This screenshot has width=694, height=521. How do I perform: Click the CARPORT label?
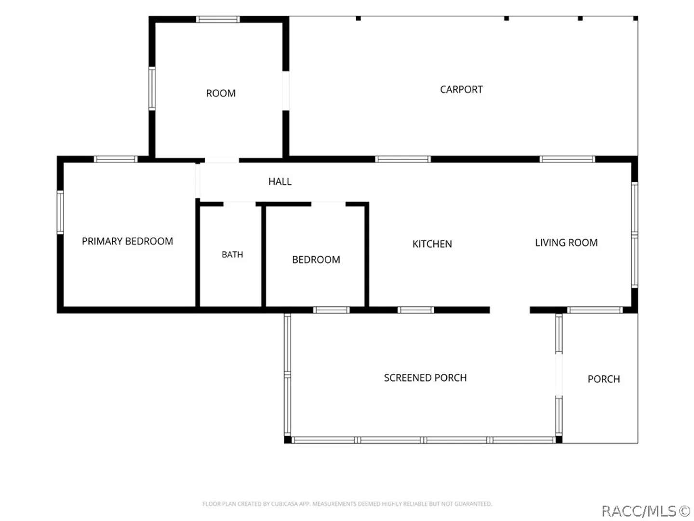click(x=461, y=90)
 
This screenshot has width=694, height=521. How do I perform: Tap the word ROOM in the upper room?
click(x=221, y=93)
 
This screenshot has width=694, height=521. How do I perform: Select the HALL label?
click(x=280, y=181)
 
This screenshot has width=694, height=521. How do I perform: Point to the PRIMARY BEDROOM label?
click(x=127, y=241)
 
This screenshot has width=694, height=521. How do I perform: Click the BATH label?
click(x=232, y=255)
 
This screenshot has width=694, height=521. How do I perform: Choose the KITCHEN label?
click(x=432, y=244)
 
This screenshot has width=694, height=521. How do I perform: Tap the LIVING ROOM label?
click(x=566, y=243)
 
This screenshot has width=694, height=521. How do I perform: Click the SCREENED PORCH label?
click(x=425, y=378)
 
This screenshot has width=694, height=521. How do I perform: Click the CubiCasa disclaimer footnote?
click(x=347, y=504)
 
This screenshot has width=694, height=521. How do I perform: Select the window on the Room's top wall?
click(x=218, y=19)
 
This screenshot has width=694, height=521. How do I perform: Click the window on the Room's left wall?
click(x=152, y=89)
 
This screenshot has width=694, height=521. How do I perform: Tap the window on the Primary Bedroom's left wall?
click(x=60, y=212)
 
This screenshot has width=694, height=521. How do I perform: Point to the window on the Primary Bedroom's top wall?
click(x=116, y=159)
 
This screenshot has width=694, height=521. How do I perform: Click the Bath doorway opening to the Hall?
click(x=240, y=204)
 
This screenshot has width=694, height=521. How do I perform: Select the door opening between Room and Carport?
click(x=286, y=91)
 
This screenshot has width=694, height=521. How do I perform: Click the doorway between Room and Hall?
click(x=222, y=160)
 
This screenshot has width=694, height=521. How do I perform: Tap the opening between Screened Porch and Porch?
click(x=559, y=375)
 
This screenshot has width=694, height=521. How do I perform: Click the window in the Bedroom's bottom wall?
click(x=332, y=310)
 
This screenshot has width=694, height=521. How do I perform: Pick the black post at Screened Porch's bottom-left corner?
click(x=288, y=439)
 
